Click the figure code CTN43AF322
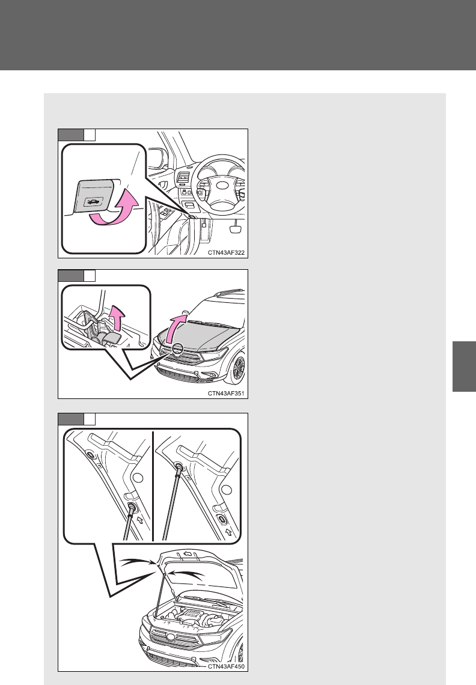[x=226, y=252]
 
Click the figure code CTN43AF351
[x=226, y=393]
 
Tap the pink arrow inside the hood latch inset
[x=117, y=317]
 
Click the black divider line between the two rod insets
[x=153, y=486]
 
